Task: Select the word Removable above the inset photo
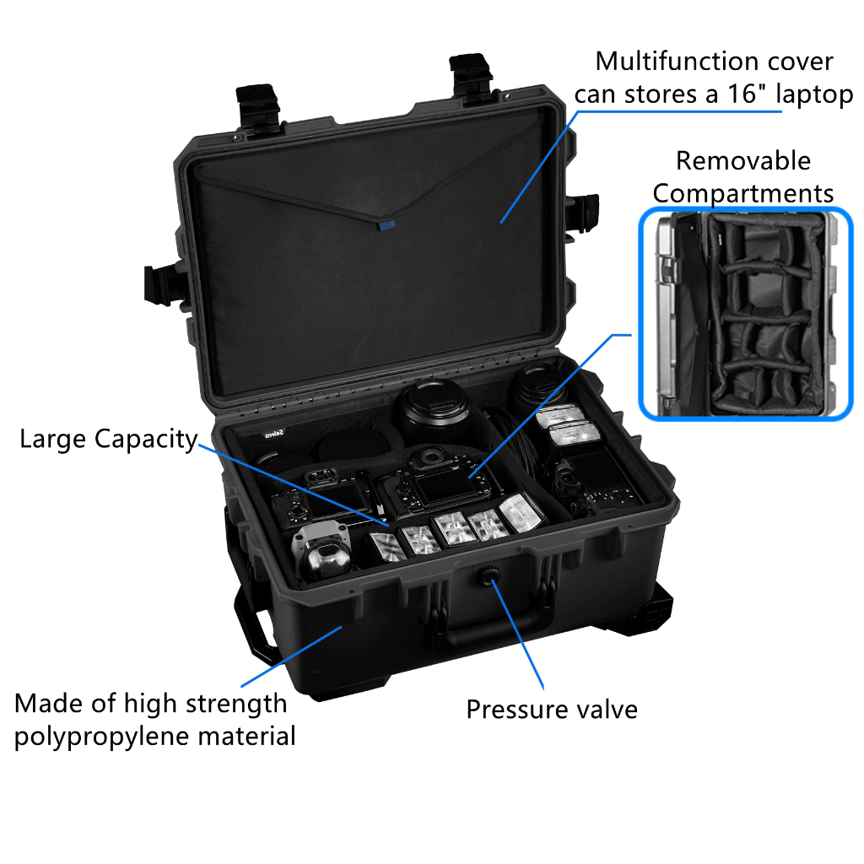(743, 161)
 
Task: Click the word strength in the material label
(236, 705)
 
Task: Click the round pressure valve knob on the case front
(489, 577)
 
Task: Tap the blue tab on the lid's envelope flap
(386, 225)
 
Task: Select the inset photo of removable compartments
(746, 314)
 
